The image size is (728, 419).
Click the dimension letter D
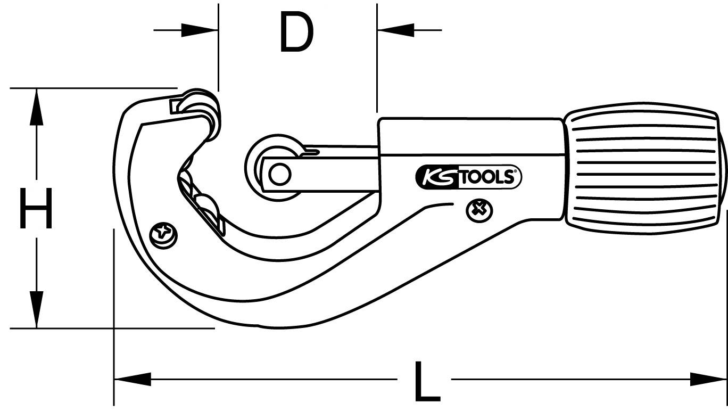[x=296, y=33]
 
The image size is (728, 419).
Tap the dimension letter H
[x=36, y=208]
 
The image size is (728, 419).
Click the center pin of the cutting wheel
[x=279, y=174]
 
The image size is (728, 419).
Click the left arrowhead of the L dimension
[x=133, y=379]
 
